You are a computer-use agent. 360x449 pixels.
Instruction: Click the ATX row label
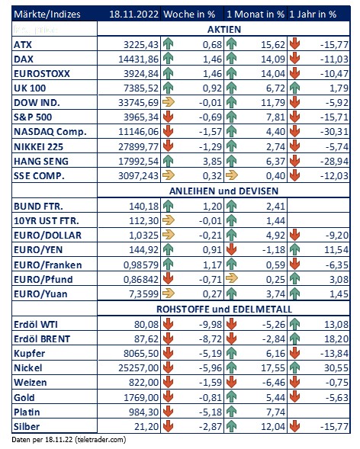23,45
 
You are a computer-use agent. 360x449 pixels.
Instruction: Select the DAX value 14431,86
138,59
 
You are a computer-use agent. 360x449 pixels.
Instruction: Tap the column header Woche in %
189,14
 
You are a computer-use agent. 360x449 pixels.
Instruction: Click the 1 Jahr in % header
313,14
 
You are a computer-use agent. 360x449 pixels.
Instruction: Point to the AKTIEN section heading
224,29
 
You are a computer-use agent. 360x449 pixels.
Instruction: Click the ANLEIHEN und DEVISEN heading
223,191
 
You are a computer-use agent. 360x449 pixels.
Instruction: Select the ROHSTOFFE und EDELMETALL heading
224,309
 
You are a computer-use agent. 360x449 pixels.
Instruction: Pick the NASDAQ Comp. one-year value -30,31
334,132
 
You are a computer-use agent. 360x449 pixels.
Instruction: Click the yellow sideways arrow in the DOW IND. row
169,102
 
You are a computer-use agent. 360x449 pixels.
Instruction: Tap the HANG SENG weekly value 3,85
212,161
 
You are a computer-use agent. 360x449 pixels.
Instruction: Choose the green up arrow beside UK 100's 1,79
294,88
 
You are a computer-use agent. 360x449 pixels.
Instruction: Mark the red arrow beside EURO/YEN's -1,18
231,250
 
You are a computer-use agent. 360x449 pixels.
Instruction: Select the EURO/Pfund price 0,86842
141,279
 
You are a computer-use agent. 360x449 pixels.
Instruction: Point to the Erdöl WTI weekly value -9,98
211,325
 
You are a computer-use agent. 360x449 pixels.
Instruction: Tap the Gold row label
24,397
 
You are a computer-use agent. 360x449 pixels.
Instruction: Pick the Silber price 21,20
146,427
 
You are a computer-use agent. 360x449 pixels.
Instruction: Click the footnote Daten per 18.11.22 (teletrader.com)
69,440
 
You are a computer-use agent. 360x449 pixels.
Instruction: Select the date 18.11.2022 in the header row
133,14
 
